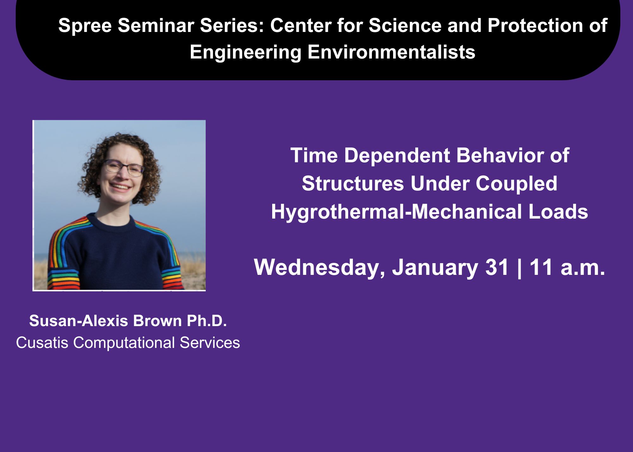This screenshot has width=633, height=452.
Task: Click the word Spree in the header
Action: point(85,26)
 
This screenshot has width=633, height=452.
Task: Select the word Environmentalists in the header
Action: point(391,52)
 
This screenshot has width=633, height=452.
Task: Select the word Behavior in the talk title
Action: point(500,155)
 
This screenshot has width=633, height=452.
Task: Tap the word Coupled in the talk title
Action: point(517,184)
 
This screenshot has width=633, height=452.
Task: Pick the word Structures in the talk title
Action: point(353,183)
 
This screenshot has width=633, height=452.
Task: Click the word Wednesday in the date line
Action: point(319,268)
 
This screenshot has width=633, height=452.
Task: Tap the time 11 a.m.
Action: point(567,267)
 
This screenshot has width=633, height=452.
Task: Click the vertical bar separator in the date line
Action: point(519,268)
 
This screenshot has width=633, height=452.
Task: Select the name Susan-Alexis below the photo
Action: point(78,321)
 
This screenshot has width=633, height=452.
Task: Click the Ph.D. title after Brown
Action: point(207,321)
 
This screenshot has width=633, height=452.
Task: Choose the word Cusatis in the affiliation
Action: point(42,343)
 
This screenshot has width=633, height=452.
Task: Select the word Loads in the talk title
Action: point(558,212)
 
